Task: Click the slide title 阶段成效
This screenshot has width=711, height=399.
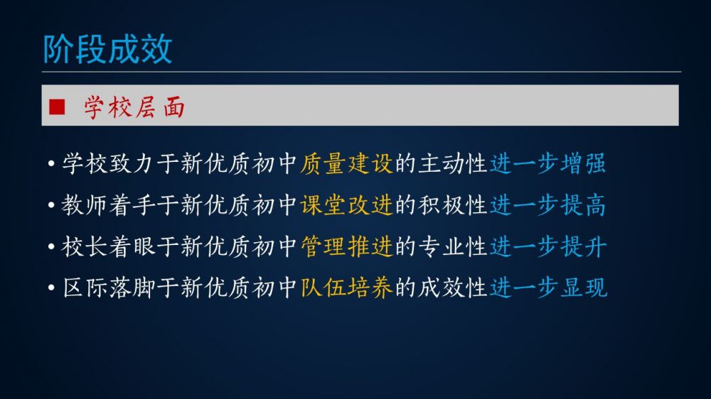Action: point(107,49)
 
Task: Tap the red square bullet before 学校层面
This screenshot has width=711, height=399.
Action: point(57,107)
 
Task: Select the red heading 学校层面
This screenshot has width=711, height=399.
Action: point(134,107)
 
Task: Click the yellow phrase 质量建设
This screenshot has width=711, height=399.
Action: point(346,163)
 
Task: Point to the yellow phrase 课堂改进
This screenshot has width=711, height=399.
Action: point(346,205)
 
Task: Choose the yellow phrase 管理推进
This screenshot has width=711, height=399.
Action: point(346,246)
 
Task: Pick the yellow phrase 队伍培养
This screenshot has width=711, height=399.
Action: point(346,288)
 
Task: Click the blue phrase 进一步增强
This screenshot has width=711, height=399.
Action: point(547,163)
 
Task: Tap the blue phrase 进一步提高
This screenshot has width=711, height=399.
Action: point(547,205)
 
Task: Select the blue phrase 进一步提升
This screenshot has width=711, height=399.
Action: point(547,246)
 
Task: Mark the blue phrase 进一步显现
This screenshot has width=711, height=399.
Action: point(547,288)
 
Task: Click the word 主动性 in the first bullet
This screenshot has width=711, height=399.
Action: point(452,163)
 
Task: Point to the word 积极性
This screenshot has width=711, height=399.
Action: point(452,205)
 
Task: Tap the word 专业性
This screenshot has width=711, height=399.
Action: point(452,246)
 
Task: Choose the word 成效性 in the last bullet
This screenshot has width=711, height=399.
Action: point(452,288)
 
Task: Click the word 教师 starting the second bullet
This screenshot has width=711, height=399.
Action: point(85,205)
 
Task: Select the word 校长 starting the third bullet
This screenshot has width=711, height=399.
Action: point(85,246)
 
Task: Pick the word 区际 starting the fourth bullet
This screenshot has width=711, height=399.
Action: point(85,288)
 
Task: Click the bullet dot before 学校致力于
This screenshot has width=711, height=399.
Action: point(51,163)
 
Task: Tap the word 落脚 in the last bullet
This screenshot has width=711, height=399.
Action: point(132,288)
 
